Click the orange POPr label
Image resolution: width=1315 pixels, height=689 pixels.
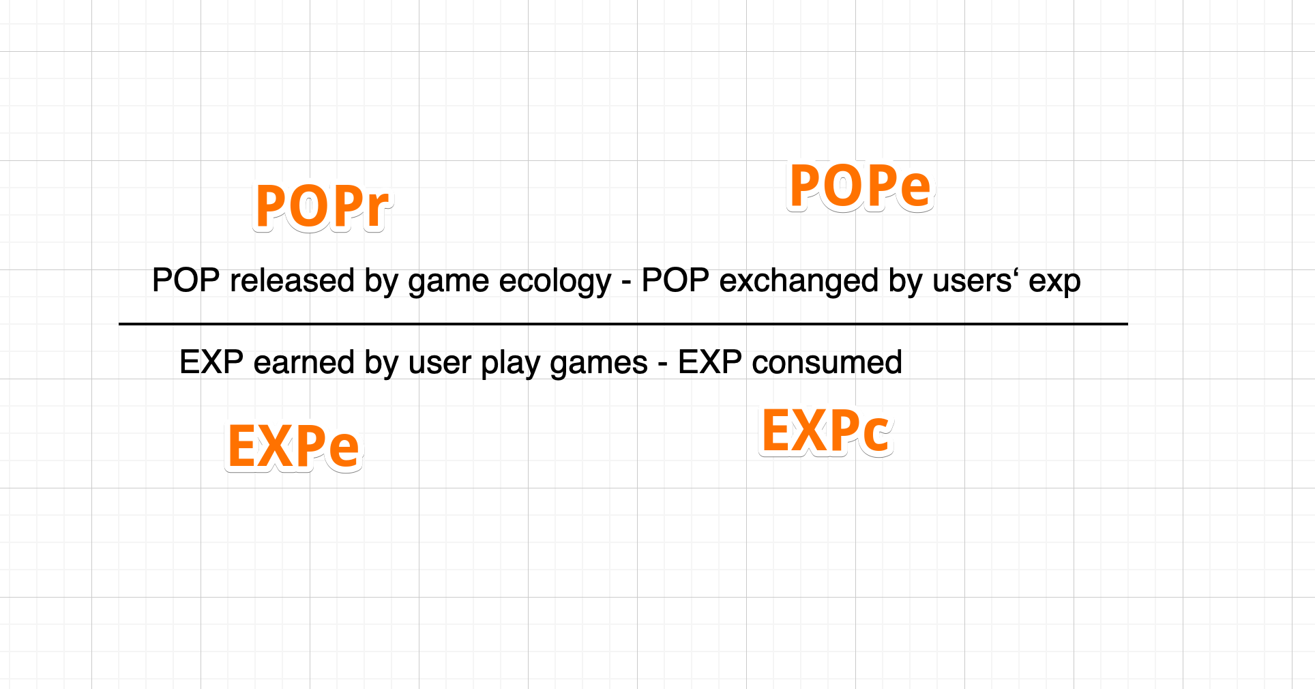(322, 206)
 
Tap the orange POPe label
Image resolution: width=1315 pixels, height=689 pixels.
(860, 186)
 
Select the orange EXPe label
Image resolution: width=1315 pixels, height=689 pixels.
(293, 446)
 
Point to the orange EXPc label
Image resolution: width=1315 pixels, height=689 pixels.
(826, 430)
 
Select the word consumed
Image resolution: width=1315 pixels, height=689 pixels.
(827, 362)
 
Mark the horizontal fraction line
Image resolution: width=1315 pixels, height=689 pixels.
(623, 324)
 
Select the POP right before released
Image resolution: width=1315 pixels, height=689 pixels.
(186, 280)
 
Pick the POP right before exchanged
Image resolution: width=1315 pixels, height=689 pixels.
(675, 280)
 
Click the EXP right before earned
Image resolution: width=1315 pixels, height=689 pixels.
(211, 362)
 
